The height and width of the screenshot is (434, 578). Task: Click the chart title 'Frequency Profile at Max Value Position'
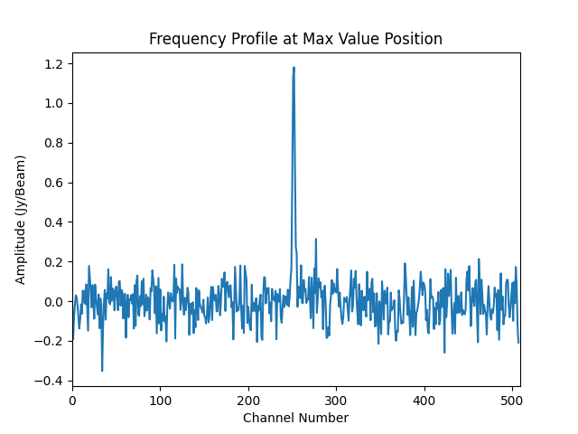pos(295,39)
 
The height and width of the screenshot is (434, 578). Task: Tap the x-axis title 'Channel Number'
pos(295,418)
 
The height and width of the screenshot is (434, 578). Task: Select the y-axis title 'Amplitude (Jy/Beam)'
pos(21,220)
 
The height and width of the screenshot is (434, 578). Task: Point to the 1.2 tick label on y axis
pos(54,64)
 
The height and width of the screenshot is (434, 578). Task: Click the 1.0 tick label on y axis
pos(54,103)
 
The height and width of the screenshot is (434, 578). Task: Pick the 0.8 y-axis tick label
pos(54,143)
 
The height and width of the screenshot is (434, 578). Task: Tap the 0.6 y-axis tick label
pos(54,183)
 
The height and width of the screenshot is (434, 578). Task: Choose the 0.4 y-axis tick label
pos(54,222)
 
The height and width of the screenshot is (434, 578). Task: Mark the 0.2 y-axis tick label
pos(54,262)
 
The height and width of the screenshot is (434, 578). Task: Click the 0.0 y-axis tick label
pos(54,302)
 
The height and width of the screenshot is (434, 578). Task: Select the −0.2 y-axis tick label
pos(51,341)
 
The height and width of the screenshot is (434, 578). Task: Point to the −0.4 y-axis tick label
pos(51,381)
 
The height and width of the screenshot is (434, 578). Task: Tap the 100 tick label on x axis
pos(160,401)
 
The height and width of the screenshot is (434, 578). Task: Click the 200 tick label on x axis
pos(248,401)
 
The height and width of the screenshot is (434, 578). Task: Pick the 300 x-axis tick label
pos(336,401)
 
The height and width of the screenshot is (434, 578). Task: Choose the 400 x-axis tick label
pos(424,401)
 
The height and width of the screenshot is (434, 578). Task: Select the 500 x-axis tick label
pos(512,401)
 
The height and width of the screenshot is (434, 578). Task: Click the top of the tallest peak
pos(294,67)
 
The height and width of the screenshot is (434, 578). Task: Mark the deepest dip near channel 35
pos(102,371)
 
